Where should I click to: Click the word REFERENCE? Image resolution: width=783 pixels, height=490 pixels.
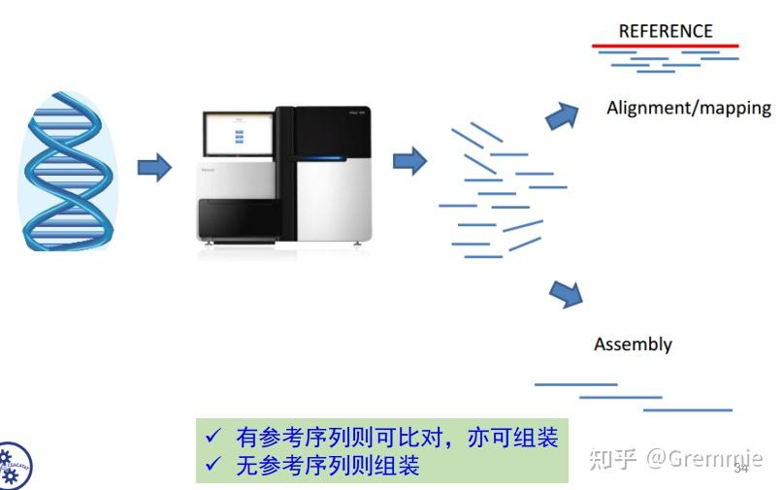(665, 31)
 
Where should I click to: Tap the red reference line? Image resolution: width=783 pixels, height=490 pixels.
(665, 46)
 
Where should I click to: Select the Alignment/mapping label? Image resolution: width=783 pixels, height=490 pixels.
(688, 108)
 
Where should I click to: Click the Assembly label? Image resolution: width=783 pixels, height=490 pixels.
(633, 344)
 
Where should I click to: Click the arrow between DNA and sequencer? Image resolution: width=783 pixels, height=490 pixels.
(153, 167)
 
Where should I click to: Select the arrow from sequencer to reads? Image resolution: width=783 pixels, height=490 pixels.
(409, 160)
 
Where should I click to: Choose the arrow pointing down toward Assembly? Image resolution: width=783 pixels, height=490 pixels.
(565, 292)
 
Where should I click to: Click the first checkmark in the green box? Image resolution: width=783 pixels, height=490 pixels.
(214, 438)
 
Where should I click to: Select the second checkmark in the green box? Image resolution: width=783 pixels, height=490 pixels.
(214, 466)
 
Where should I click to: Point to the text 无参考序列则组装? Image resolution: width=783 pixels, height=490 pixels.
(328, 466)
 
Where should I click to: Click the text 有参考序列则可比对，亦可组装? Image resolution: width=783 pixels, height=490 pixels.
(397, 438)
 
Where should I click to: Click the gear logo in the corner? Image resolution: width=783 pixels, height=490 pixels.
(13, 467)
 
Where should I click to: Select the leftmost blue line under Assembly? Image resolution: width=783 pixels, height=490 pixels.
(575, 384)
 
